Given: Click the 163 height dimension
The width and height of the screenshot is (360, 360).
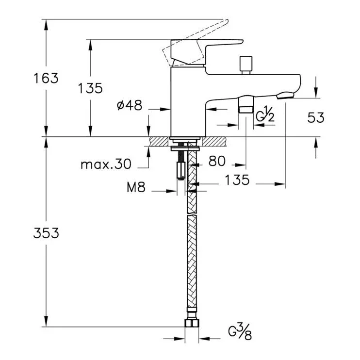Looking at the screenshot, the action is (46, 78).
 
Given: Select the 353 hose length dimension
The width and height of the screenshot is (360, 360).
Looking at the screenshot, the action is (46, 233).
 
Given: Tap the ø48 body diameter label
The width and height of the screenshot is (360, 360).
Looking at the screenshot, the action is (130, 105).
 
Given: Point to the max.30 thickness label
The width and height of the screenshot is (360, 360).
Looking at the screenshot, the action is (106, 164).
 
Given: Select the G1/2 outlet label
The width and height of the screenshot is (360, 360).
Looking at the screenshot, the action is (265, 114).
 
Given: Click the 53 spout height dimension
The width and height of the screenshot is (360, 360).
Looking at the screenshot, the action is (316, 117).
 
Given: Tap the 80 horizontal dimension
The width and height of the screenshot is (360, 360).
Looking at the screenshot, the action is (217, 161).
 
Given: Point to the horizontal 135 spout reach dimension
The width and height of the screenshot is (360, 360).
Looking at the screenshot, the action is (237, 180).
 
